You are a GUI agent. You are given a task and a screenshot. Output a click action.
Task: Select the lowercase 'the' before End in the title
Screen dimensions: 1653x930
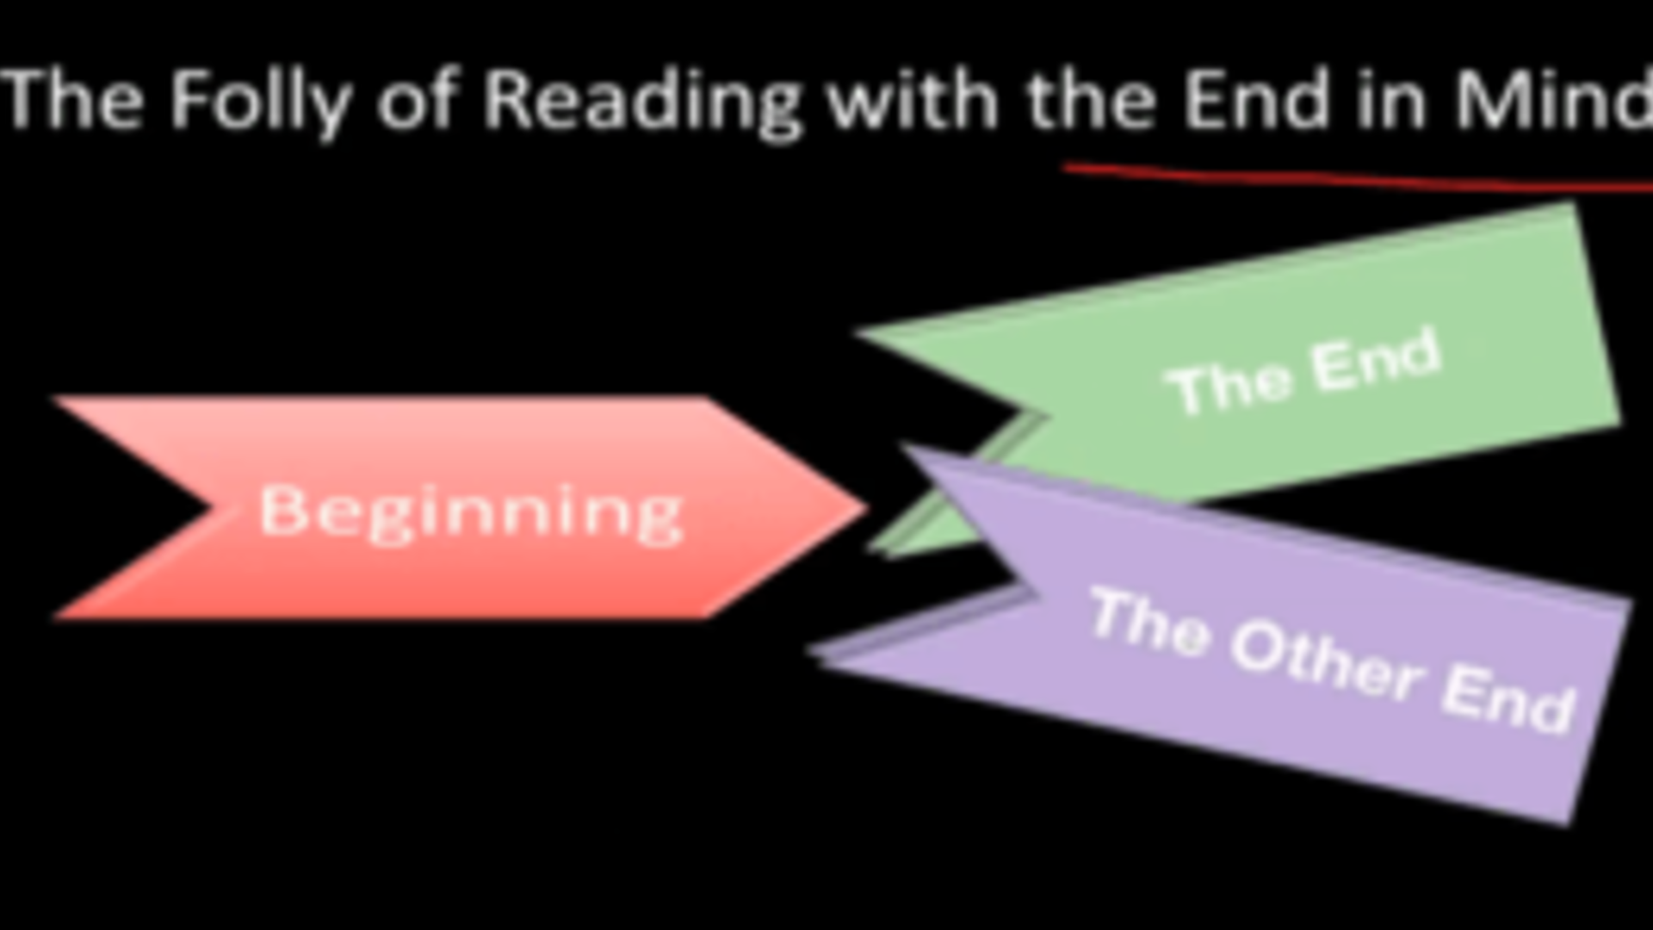coord(1091,99)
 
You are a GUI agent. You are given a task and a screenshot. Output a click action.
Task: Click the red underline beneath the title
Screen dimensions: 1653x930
coord(1358,178)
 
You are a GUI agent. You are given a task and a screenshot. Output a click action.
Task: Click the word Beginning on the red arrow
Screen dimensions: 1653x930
coord(472,513)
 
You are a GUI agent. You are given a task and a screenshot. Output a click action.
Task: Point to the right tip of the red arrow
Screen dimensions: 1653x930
coord(865,508)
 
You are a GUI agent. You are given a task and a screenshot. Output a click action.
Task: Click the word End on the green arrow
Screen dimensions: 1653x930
coord(1376,360)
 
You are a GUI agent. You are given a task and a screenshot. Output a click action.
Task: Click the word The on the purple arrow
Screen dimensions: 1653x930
coord(1148,622)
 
